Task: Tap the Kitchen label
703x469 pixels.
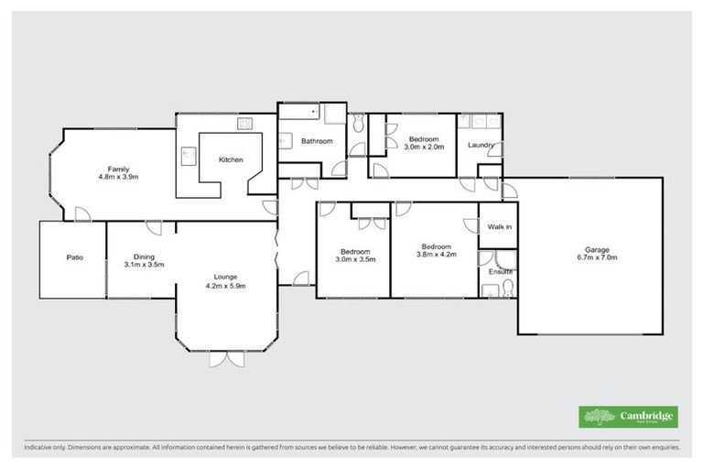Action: point(231,160)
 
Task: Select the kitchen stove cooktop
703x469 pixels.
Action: point(245,124)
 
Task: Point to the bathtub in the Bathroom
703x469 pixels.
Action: point(299,115)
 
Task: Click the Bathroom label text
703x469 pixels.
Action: point(317,141)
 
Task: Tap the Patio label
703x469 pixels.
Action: point(75,257)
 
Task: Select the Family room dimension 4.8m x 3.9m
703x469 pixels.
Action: point(118,177)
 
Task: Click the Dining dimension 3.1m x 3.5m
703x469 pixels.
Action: point(144,265)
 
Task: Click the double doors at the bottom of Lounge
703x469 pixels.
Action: point(226,359)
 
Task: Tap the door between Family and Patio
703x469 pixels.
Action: point(81,214)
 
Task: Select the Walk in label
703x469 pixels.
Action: point(499,226)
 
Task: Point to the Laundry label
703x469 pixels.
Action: point(481,146)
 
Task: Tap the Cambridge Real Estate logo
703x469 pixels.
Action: point(628,417)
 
